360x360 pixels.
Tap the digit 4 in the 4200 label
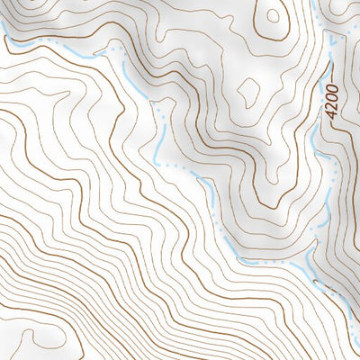(333, 119)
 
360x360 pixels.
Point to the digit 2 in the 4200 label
(333, 110)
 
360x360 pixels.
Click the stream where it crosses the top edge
(314, 3)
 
